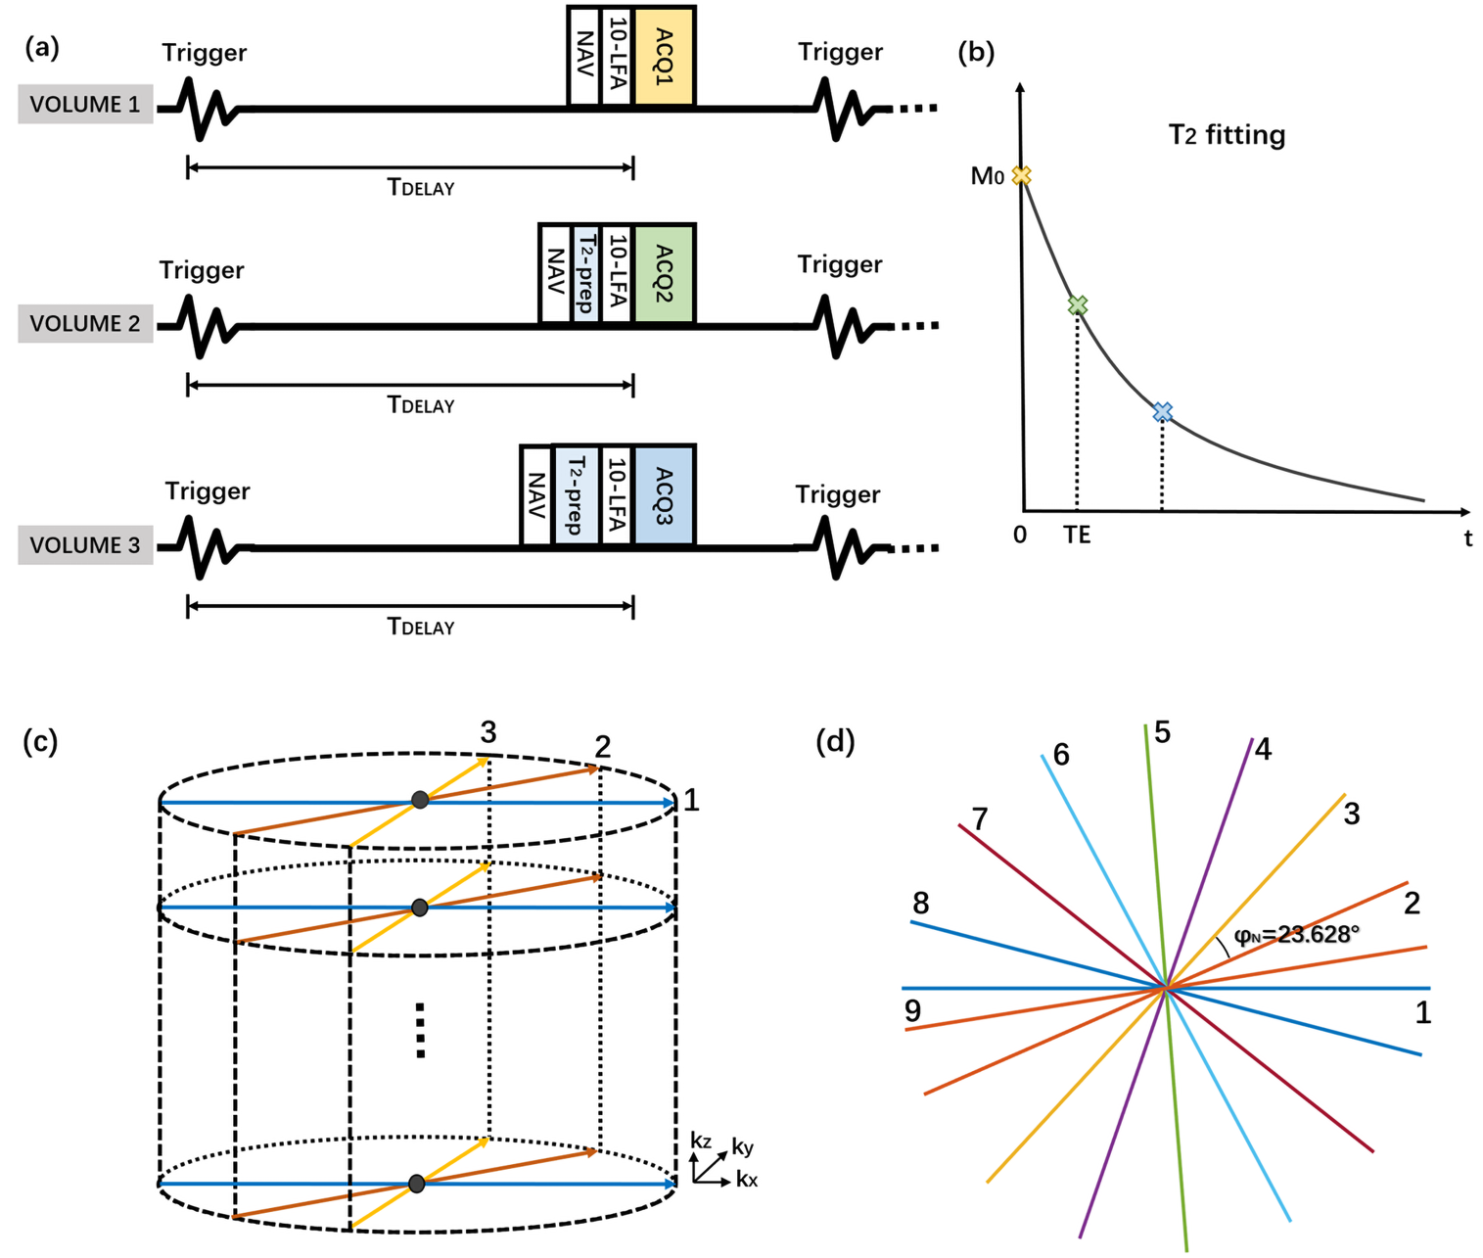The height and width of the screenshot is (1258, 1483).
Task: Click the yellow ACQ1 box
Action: pyautogui.click(x=664, y=56)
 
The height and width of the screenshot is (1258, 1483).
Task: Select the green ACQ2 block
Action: pyautogui.click(x=664, y=273)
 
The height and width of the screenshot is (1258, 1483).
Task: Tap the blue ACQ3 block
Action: pyautogui.click(x=664, y=495)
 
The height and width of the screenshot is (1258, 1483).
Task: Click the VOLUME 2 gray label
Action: pyautogui.click(x=85, y=323)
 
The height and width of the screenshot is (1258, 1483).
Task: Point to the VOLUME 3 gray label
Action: pyautogui.click(x=85, y=545)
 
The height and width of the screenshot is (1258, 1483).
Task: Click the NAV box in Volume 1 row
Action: pyautogui.click(x=583, y=56)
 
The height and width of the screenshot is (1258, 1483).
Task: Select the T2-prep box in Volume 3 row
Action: pyautogui.click(x=576, y=495)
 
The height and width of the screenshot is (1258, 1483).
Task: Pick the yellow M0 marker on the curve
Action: pyautogui.click(x=1021, y=176)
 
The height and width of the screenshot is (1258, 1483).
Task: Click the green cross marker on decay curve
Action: pyautogui.click(x=1077, y=306)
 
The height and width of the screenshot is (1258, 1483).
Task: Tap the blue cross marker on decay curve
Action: pyautogui.click(x=1162, y=412)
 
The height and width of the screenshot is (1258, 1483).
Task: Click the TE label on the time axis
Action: pyautogui.click(x=1077, y=536)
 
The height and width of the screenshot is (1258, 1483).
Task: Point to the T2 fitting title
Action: pyautogui.click(x=1227, y=135)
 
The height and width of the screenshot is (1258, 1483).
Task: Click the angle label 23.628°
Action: pyautogui.click(x=1296, y=935)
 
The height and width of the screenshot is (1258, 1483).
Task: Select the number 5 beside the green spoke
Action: pyautogui.click(x=1162, y=732)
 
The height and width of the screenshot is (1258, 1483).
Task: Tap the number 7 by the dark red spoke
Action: pyautogui.click(x=979, y=817)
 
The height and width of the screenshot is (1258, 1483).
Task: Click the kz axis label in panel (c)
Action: pyautogui.click(x=700, y=1141)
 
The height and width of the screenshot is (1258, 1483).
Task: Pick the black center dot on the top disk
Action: pyautogui.click(x=420, y=800)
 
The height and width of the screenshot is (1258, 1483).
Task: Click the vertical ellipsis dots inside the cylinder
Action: pyautogui.click(x=420, y=1030)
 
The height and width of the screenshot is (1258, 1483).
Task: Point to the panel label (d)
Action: pyautogui.click(x=835, y=741)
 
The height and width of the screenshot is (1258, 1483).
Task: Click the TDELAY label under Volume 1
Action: pyautogui.click(x=421, y=187)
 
